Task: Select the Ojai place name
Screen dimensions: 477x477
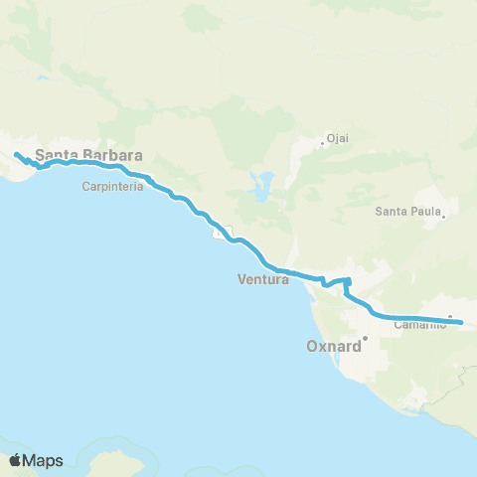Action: click(338, 138)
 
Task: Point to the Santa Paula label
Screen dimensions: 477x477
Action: click(407, 211)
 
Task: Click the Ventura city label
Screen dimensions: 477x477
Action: click(263, 280)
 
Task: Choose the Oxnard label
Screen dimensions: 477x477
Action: click(328, 348)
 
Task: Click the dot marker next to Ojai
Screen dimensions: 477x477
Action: click(322, 145)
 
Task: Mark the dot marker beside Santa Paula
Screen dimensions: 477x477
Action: click(444, 216)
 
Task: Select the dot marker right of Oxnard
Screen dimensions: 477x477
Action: click(365, 339)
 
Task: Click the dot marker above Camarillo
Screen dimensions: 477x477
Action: click(449, 318)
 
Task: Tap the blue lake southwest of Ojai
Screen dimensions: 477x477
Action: click(262, 185)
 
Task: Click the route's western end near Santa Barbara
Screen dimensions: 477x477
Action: click(16, 154)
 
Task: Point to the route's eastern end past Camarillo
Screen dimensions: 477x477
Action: click(461, 323)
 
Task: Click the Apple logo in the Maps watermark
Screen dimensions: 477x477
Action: click(15, 460)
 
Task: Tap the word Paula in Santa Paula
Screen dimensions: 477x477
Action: click(424, 211)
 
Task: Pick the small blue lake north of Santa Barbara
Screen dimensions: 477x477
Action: click(41, 79)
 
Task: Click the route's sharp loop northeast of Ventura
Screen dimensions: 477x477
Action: click(348, 282)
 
